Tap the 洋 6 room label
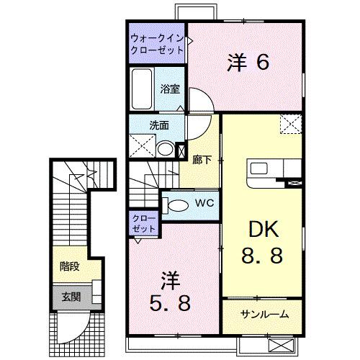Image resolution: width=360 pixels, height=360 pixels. pos(248,64)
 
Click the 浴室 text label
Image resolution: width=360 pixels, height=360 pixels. pos(170,90)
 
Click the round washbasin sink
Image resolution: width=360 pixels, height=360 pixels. pos(165,150)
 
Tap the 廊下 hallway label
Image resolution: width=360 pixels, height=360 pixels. pos(202,160)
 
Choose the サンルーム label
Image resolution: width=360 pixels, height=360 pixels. pos(264,314)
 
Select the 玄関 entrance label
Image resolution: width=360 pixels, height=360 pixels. pos(71,295)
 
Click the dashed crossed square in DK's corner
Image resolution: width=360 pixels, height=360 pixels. pos(290,125)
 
